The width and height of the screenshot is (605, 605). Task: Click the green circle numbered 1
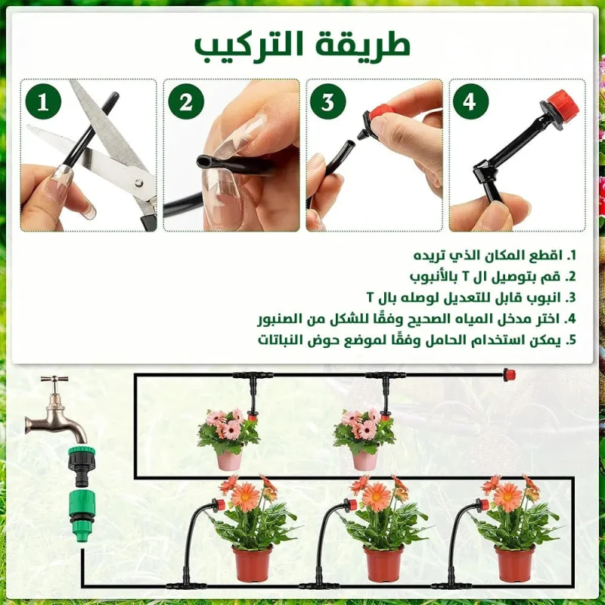tap(43, 102)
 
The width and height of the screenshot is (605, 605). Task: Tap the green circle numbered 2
tap(186, 102)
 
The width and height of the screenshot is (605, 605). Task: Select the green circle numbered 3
tap(328, 102)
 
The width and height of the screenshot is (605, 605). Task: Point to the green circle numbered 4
tap(470, 102)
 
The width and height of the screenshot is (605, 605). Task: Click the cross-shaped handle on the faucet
tap(54, 380)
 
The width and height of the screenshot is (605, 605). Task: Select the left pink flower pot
tap(229, 461)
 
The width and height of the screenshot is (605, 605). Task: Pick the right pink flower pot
tap(365, 461)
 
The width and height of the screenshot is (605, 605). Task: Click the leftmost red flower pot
tap(253, 563)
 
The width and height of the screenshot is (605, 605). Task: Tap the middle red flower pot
tap(383, 563)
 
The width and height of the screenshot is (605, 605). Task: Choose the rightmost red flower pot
tap(515, 563)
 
